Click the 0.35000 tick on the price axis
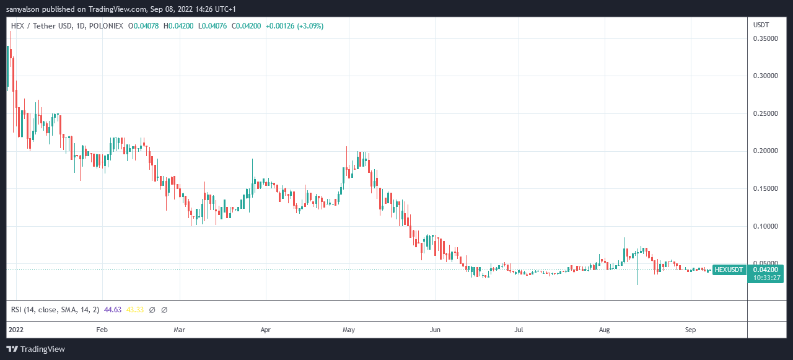(x=766, y=38)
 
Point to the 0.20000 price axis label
(x=766, y=151)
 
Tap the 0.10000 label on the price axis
(x=766, y=226)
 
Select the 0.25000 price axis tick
(x=766, y=114)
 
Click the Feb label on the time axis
(x=103, y=330)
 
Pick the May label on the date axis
(x=349, y=330)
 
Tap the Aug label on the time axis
(x=605, y=330)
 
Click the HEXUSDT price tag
(x=729, y=270)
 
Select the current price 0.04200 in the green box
(x=766, y=270)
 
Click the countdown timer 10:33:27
(x=766, y=278)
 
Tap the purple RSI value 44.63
(x=112, y=309)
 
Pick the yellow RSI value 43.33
(x=135, y=309)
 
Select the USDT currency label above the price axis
(x=761, y=25)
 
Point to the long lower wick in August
(x=637, y=276)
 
